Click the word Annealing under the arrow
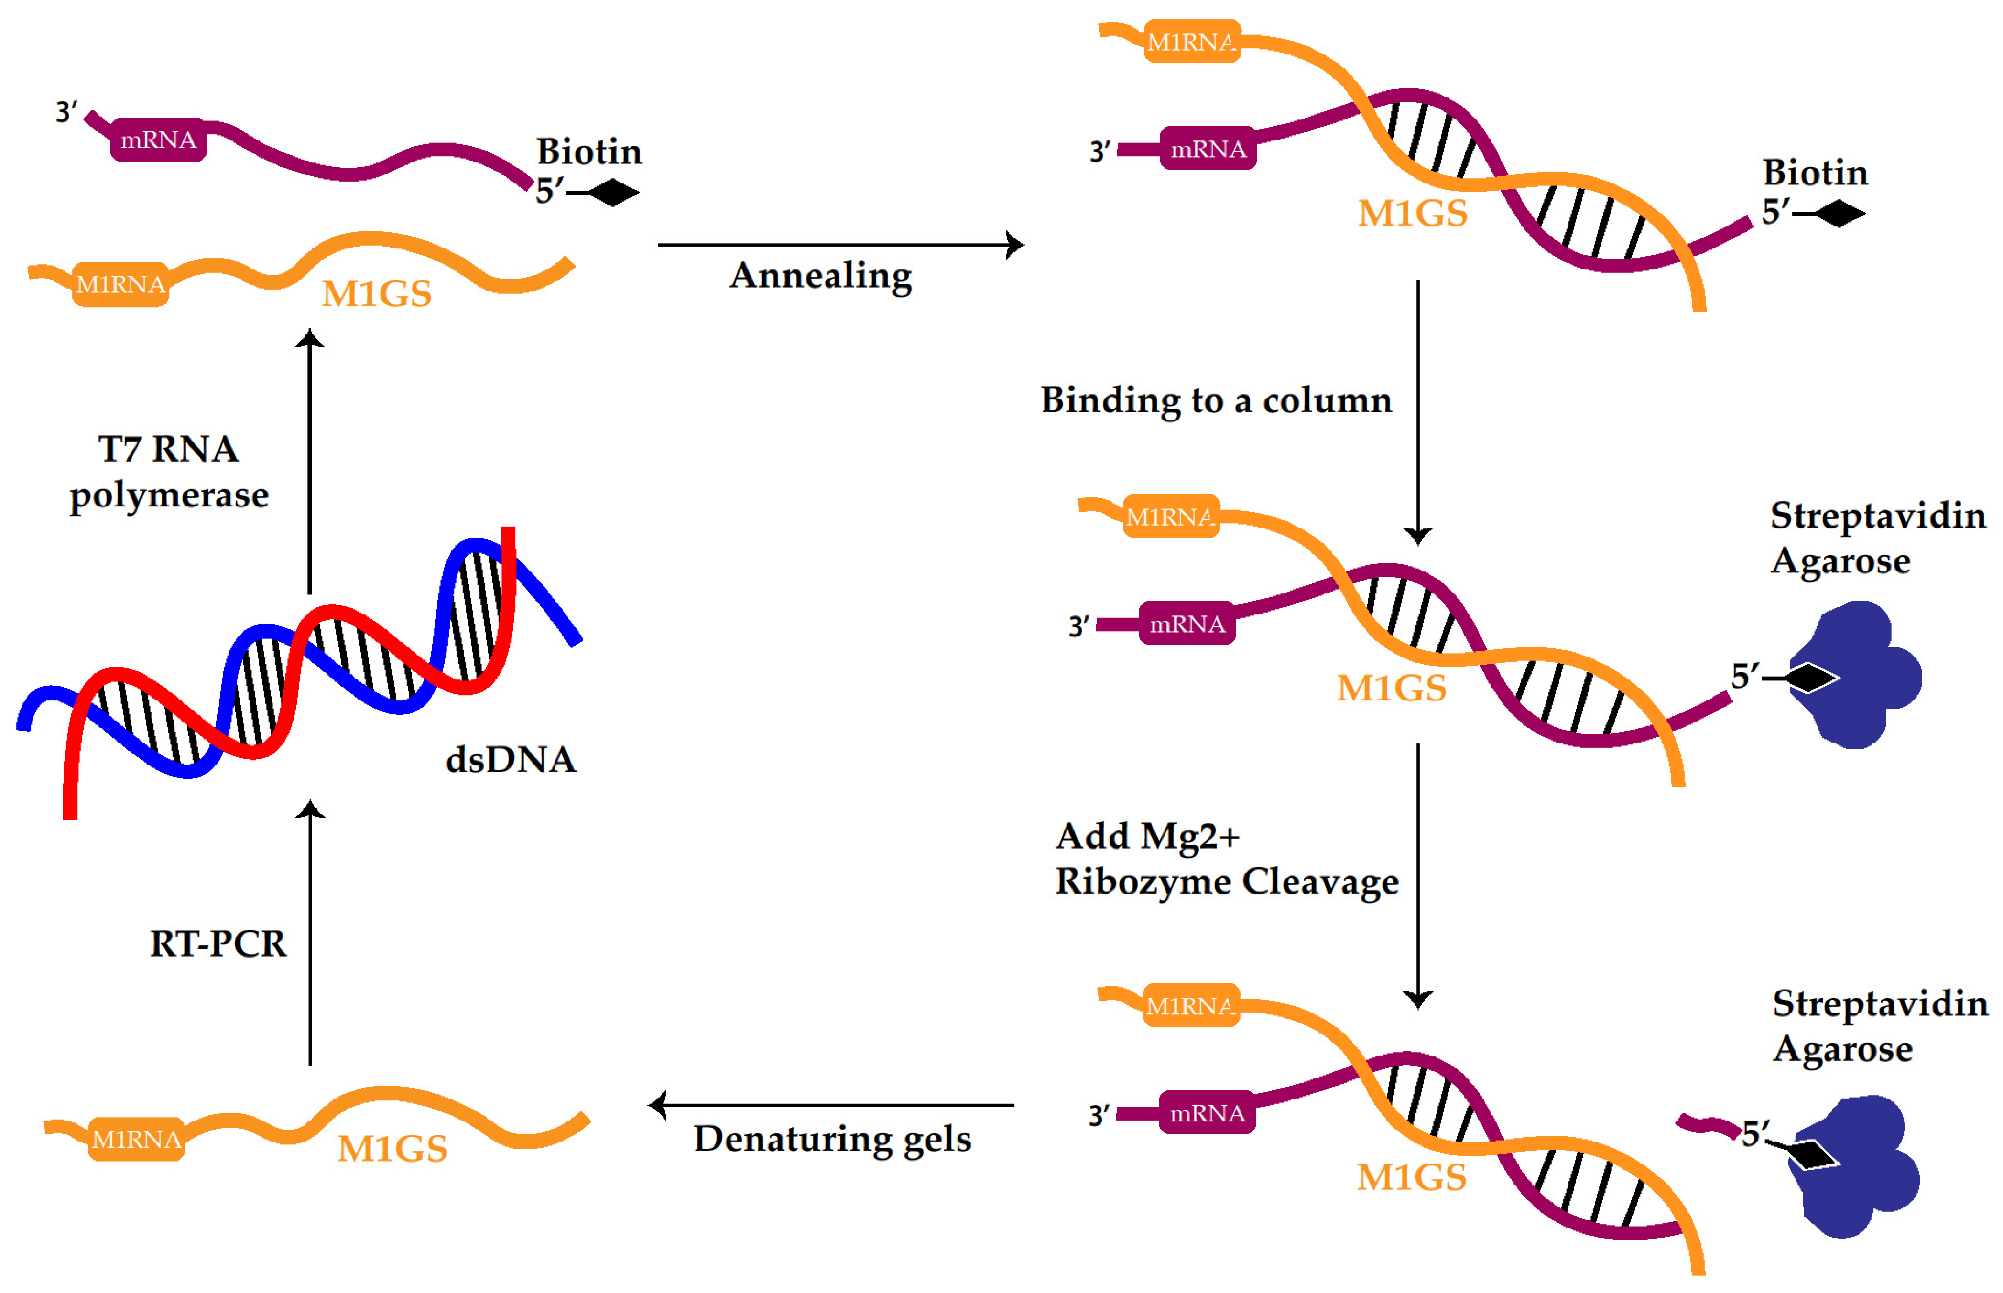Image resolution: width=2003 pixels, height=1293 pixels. click(x=820, y=276)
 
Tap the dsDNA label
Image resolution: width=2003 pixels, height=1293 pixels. click(x=511, y=760)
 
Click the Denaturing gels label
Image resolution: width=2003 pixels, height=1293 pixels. click(x=831, y=1139)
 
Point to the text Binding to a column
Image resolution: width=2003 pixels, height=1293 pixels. click(x=1215, y=400)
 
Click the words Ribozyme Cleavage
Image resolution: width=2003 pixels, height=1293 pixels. click(x=1226, y=882)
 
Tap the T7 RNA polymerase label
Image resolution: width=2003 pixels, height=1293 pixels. click(x=169, y=472)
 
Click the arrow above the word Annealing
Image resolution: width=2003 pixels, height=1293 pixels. click(x=840, y=245)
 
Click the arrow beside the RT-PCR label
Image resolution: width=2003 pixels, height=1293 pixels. click(x=310, y=932)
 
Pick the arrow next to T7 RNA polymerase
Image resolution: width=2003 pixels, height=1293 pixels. click(x=310, y=462)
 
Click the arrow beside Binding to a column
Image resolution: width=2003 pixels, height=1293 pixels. click(x=1418, y=411)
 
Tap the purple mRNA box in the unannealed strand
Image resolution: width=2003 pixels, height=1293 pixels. click(x=158, y=140)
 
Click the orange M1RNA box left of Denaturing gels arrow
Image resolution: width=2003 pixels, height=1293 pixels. click(x=136, y=1139)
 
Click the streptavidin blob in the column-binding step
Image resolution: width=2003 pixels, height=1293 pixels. click(x=1860, y=676)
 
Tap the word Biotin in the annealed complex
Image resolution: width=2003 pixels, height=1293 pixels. click(x=1814, y=173)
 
